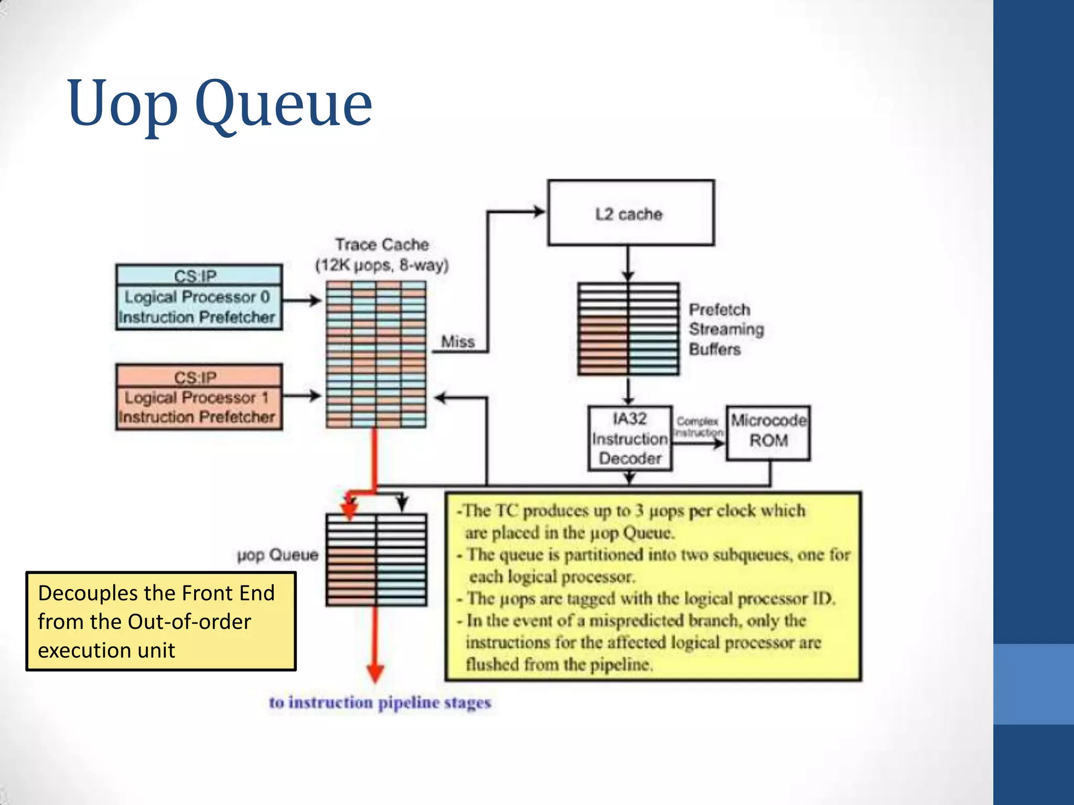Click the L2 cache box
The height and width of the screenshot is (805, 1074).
pyautogui.click(x=630, y=213)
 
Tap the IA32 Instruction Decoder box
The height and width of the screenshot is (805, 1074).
pyautogui.click(x=630, y=438)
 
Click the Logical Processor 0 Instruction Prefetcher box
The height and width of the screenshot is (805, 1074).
pyautogui.click(x=199, y=307)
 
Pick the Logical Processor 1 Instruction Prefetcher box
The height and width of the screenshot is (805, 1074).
pyautogui.click(x=199, y=407)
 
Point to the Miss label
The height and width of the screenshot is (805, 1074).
pyautogui.click(x=458, y=342)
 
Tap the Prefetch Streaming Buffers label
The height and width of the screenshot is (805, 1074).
pyautogui.click(x=726, y=329)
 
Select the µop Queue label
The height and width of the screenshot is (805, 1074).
pyautogui.click(x=278, y=554)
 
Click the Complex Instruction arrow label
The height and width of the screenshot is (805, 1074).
pyautogui.click(x=698, y=427)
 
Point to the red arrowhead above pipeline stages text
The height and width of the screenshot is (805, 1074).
pyautogui.click(x=375, y=673)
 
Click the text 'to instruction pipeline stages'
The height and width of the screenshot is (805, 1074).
pyautogui.click(x=380, y=702)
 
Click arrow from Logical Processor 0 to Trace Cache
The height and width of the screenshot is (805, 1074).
pyautogui.click(x=302, y=300)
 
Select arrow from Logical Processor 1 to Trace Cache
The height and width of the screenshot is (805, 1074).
pyautogui.click(x=302, y=396)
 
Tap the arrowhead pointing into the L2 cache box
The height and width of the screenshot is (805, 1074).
pyautogui.click(x=539, y=212)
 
